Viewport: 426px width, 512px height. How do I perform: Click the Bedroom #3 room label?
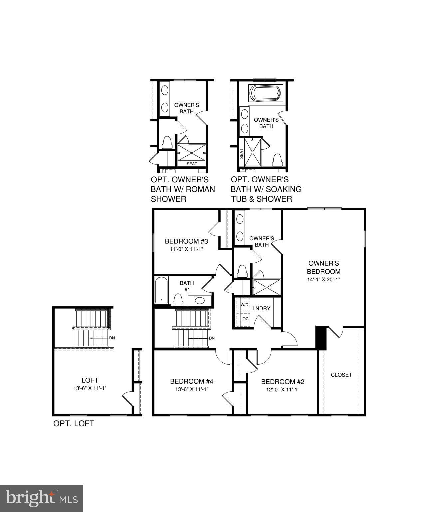(x=186, y=241)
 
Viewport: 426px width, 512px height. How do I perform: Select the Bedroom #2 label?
(x=283, y=382)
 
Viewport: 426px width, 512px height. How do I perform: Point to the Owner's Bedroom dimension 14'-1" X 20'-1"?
(x=323, y=280)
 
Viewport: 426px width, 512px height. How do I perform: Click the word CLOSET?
(x=341, y=375)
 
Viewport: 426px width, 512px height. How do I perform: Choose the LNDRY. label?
(x=262, y=309)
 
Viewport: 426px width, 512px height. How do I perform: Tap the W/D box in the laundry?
(x=244, y=305)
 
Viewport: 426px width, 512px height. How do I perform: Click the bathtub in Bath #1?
(x=161, y=290)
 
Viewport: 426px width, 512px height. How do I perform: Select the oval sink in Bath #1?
(x=200, y=300)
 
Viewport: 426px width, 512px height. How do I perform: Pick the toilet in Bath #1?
(x=178, y=300)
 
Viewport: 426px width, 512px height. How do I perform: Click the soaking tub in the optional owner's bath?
(x=266, y=93)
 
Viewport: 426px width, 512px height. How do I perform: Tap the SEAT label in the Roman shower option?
(x=192, y=164)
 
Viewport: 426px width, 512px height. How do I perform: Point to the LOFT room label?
(x=90, y=380)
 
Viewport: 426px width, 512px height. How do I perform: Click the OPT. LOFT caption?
(x=74, y=424)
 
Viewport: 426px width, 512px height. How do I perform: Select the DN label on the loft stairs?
(x=112, y=338)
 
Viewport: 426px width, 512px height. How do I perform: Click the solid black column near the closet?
(x=321, y=337)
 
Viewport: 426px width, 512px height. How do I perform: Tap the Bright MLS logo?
(x=42, y=498)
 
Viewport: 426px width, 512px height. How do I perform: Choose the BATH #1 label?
(x=187, y=286)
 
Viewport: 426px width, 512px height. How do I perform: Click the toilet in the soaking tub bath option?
(x=277, y=160)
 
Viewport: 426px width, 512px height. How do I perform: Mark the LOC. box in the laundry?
(x=245, y=319)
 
